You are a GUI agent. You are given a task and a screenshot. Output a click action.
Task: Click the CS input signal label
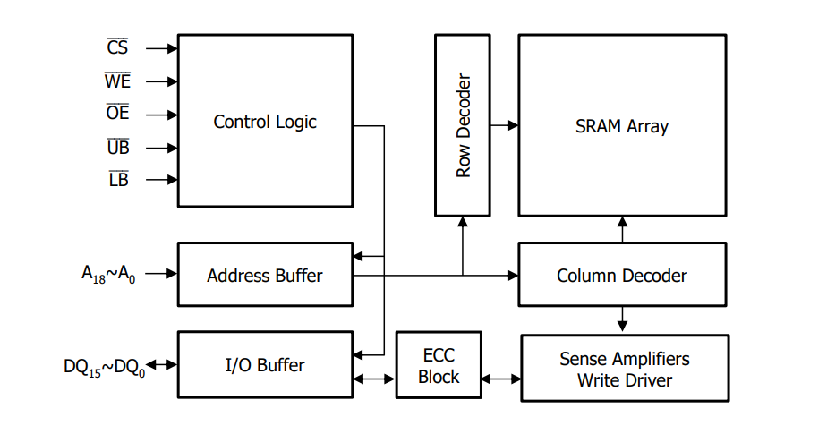[x=117, y=47]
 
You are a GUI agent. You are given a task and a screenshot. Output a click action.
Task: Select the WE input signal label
[x=117, y=81]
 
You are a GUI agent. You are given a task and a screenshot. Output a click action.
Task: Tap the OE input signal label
[x=117, y=114]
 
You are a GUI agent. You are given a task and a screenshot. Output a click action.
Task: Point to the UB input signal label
[x=117, y=148]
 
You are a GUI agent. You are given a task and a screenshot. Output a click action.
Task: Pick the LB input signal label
[x=117, y=180]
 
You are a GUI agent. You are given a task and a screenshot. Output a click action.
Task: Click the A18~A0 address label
[x=109, y=274]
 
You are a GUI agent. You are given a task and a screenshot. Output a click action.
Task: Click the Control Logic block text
[x=265, y=122]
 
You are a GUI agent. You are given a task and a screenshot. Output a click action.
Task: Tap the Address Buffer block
[x=265, y=275]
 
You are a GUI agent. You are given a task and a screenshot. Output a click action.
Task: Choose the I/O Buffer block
[x=265, y=365]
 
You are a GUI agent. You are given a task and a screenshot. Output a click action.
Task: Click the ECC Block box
[x=439, y=366]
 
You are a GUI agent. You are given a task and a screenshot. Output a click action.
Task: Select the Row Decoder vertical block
[x=463, y=125]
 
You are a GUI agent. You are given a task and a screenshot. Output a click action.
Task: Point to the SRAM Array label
[x=622, y=126]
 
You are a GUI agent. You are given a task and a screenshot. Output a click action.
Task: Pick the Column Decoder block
[x=622, y=276]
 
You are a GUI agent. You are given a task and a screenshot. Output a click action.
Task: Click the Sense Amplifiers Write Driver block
[x=625, y=369]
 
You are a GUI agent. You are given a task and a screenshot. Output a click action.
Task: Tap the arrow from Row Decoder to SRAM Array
[x=505, y=126]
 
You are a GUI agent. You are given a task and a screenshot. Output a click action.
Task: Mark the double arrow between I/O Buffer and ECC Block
[x=375, y=379]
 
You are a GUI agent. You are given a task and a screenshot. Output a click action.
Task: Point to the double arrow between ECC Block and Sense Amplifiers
[x=501, y=379]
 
